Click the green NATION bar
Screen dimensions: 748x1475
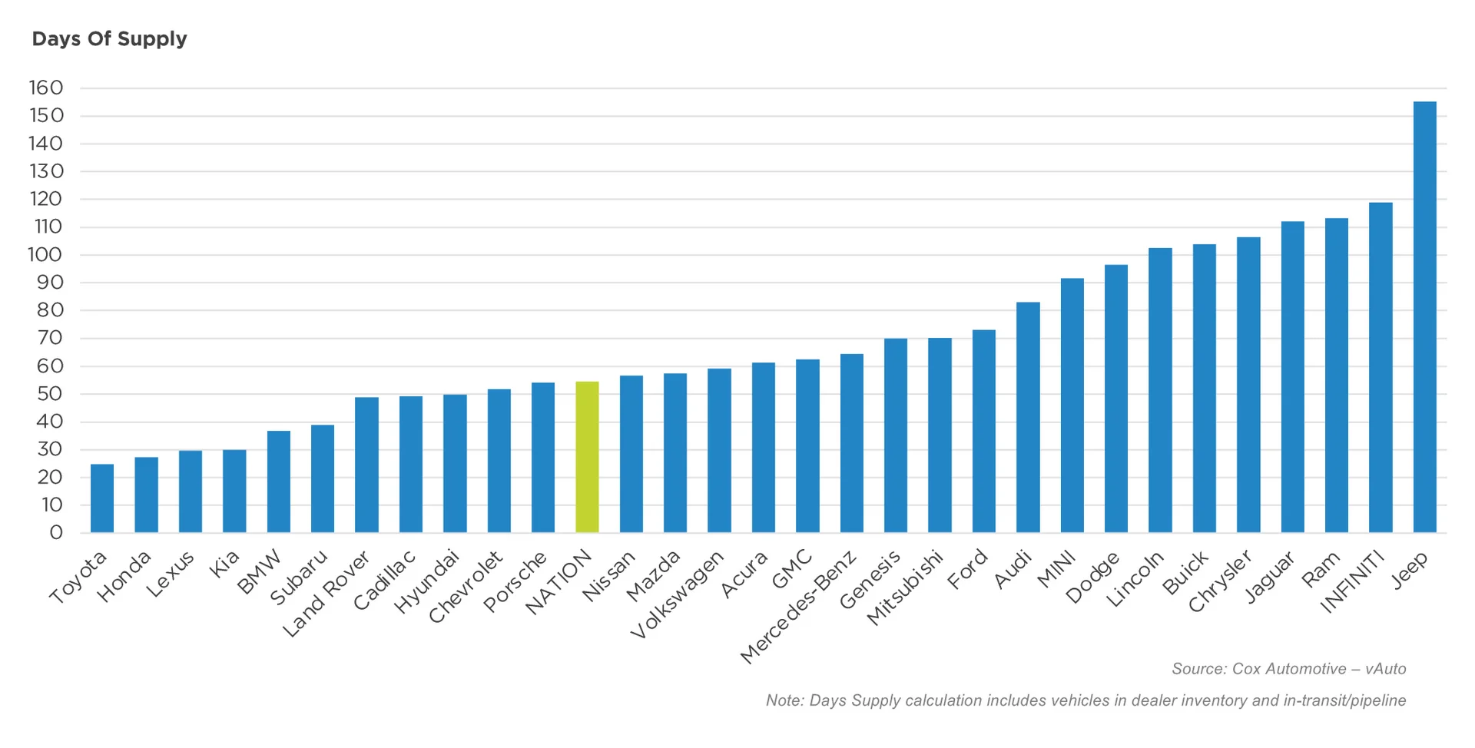(x=587, y=457)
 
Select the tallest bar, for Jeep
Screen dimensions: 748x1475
(x=1424, y=316)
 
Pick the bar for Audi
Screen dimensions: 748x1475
(x=1028, y=417)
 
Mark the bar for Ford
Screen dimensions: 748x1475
(x=983, y=431)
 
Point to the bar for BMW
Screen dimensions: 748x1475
(x=279, y=482)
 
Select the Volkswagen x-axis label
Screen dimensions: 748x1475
(x=677, y=594)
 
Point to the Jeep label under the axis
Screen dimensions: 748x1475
(x=1410, y=570)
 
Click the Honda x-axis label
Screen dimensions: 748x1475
(x=124, y=577)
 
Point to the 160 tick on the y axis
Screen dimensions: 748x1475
(x=46, y=88)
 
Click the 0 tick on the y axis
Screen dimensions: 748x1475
(x=55, y=533)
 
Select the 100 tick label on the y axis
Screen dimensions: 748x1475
(x=45, y=255)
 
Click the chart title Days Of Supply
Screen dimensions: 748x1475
(x=109, y=39)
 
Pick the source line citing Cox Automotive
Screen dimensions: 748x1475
(x=1288, y=669)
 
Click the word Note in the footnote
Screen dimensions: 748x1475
(x=784, y=700)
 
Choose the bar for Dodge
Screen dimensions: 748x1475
(x=1115, y=399)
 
